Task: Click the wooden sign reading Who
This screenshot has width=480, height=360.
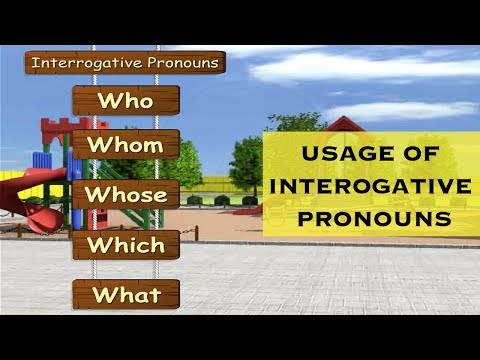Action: pos(125,101)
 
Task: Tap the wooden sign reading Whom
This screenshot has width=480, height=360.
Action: pos(125,146)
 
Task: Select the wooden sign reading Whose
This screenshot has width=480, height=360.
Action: pos(125,195)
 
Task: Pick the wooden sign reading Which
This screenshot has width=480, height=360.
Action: pos(125,244)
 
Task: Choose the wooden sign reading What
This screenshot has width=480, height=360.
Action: pos(125,294)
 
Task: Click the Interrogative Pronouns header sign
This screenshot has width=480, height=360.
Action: pos(125,62)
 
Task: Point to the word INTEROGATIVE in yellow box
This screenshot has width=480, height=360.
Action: pos(370,186)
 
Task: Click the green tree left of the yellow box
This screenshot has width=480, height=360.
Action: pos(246,160)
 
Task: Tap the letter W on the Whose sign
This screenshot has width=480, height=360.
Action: pos(97,195)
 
